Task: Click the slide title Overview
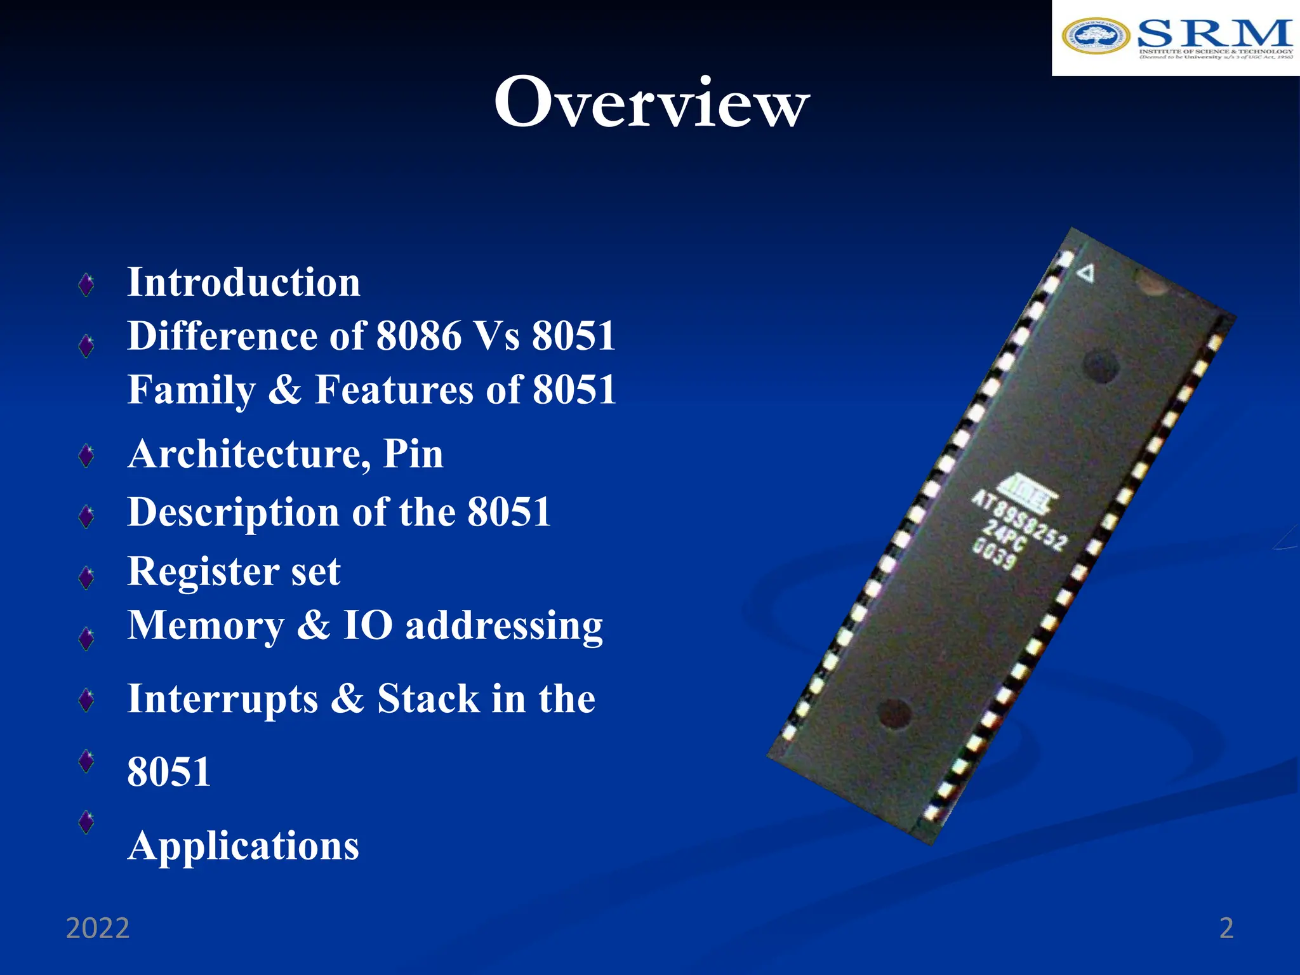point(651,103)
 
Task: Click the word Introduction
point(244,282)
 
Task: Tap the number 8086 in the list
point(419,336)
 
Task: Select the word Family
point(191,390)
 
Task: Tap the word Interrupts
point(223,699)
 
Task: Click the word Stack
point(428,699)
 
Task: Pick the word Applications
point(243,846)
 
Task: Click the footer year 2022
point(98,928)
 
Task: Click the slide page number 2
point(1226,928)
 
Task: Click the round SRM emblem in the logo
point(1096,37)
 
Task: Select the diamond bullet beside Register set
point(86,577)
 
